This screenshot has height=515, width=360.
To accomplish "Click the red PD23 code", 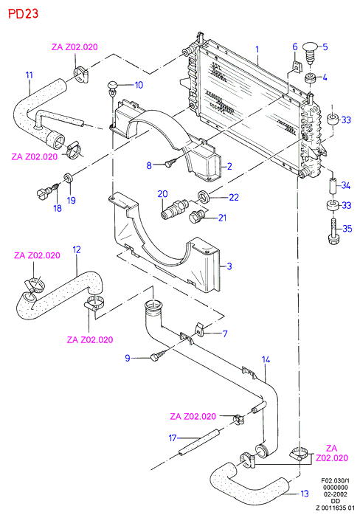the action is [23, 13].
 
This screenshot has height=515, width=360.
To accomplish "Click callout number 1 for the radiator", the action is [257, 49].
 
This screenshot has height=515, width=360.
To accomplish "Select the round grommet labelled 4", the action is [310, 79].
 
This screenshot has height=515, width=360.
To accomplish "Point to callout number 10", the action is [139, 85].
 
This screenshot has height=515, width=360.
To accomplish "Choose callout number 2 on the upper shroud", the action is [229, 166].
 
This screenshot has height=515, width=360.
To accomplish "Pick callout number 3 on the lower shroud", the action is [229, 266].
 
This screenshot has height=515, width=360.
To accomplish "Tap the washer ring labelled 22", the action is [204, 197].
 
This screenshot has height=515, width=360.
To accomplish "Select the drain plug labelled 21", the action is [198, 216].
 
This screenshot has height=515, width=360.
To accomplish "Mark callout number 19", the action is [72, 200].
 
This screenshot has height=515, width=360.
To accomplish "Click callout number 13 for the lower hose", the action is [305, 494].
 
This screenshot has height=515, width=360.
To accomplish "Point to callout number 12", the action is [77, 249].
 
